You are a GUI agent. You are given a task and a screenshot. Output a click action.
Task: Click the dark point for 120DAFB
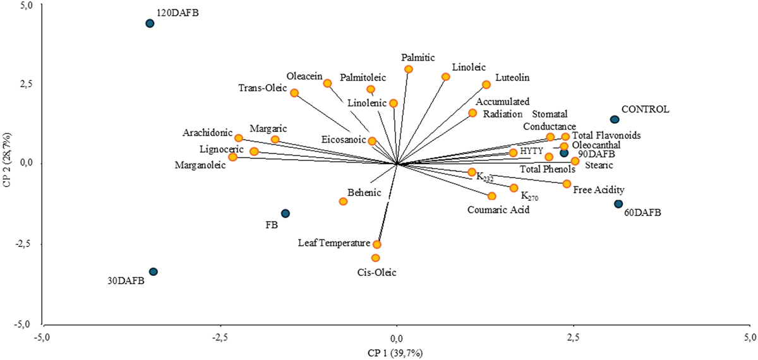point(150,23)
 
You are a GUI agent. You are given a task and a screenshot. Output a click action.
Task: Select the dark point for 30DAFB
point(153,272)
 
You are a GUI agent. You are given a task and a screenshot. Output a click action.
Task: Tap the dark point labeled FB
point(285,213)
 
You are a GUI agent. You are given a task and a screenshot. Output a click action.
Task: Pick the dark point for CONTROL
point(615,119)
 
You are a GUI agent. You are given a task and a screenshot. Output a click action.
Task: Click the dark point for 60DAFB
point(618,204)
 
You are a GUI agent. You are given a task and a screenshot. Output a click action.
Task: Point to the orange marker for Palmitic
point(409,69)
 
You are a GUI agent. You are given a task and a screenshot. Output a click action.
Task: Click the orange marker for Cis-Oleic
point(375,258)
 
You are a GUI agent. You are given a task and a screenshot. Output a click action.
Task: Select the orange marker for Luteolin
point(486,85)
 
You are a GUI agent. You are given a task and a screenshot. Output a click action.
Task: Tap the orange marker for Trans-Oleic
point(294,93)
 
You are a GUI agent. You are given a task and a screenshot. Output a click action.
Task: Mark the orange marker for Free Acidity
point(567,184)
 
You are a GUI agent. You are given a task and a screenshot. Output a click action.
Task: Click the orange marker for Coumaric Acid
point(492,196)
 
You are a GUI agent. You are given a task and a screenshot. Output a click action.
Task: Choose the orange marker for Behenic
point(343,201)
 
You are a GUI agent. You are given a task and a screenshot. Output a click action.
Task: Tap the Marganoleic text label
point(200,165)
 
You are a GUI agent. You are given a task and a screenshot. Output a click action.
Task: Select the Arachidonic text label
point(207,133)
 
